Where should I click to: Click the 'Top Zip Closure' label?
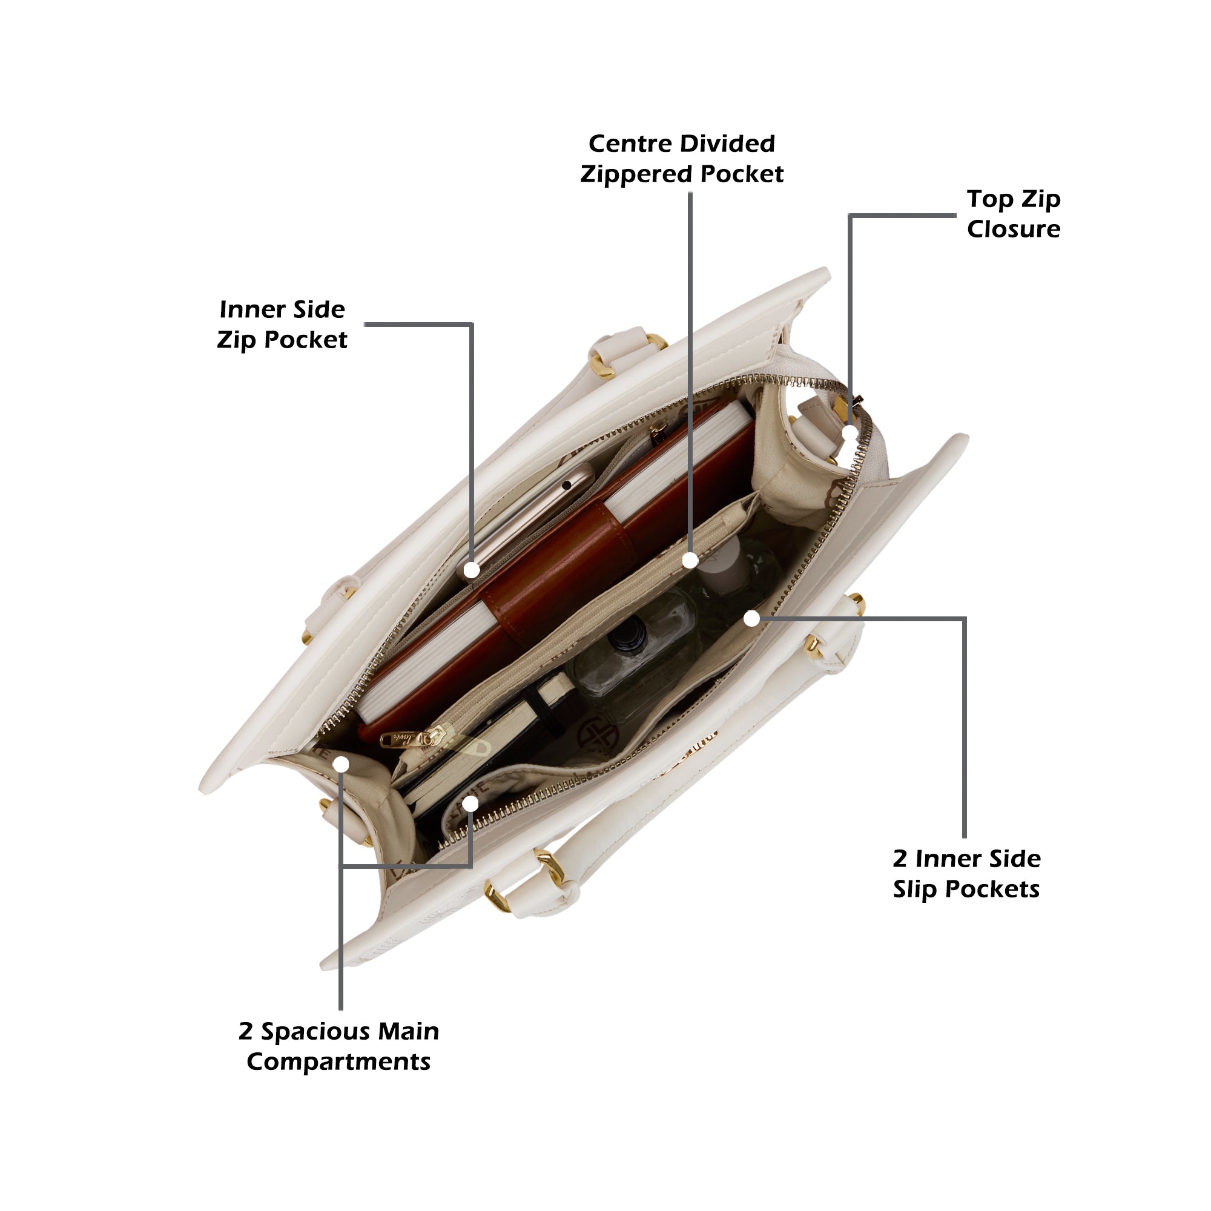point(1013,214)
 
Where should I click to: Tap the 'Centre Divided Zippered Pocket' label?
point(681,159)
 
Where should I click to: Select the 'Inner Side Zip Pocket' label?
point(282,325)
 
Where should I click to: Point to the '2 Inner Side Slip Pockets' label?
point(966,874)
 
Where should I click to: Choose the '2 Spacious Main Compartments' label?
point(338,1047)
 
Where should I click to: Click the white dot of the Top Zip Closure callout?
point(850,432)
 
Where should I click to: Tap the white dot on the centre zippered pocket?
point(690,560)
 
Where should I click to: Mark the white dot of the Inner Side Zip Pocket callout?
point(471,570)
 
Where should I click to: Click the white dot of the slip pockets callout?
point(752,619)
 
